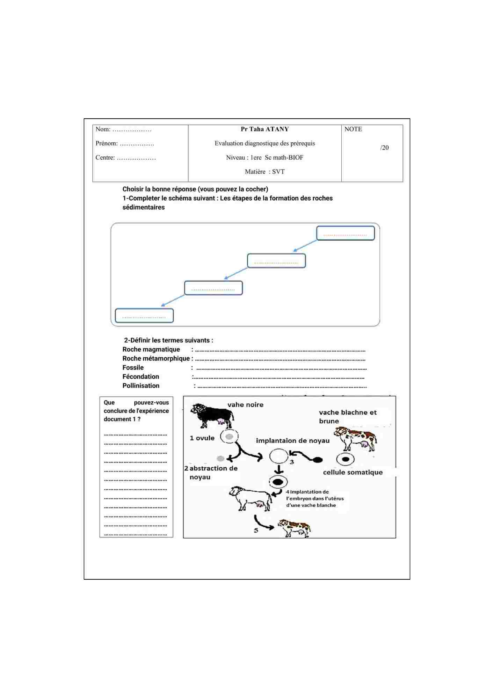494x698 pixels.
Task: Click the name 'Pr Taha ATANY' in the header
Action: click(x=264, y=129)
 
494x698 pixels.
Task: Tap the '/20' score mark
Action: click(x=384, y=148)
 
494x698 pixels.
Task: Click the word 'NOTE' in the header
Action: click(x=353, y=129)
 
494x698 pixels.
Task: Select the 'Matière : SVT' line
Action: click(x=264, y=172)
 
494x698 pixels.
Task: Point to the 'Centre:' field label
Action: click(x=105, y=158)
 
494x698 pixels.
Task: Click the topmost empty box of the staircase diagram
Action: click(x=345, y=233)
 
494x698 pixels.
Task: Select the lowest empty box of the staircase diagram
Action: click(x=144, y=315)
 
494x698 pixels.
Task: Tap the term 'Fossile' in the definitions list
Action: click(x=133, y=367)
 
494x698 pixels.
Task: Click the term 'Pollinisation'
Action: click(x=141, y=386)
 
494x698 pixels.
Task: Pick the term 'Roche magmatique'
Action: click(x=151, y=349)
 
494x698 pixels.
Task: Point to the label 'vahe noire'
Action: click(x=245, y=405)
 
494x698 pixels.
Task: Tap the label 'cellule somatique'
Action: click(x=353, y=472)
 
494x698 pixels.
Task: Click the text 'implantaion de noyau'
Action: click(x=292, y=441)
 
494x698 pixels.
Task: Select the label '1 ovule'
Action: click(x=202, y=438)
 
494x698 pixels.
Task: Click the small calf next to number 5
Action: click(x=294, y=528)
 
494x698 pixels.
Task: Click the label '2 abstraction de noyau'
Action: click(x=211, y=473)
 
